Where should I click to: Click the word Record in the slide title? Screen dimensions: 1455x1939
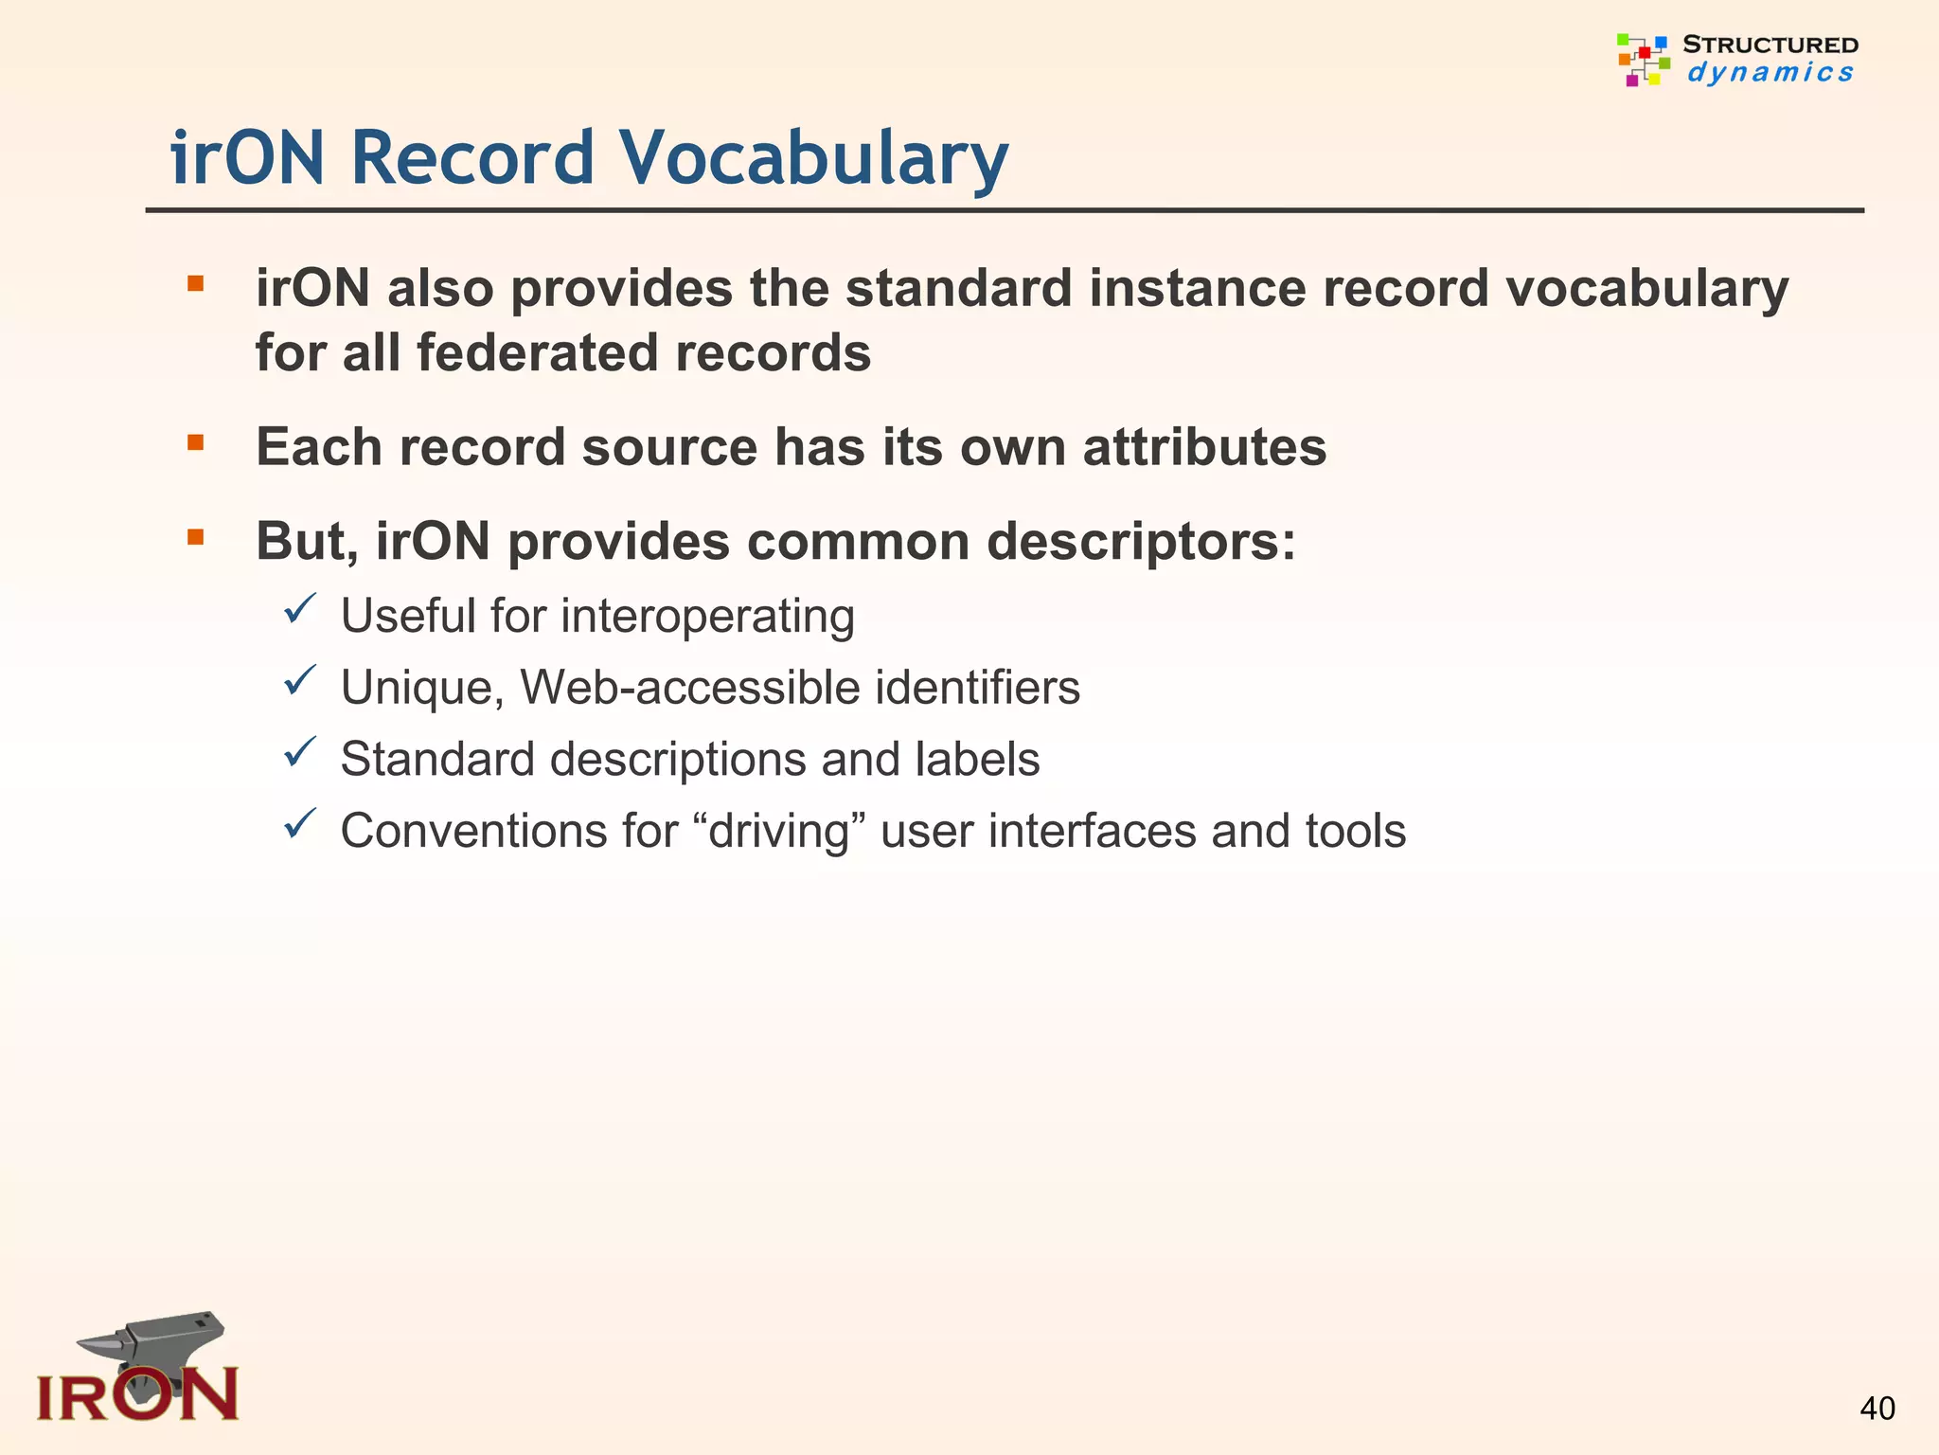472,158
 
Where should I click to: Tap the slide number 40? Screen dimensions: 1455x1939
1877,1409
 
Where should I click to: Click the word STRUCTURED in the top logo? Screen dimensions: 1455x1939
1770,45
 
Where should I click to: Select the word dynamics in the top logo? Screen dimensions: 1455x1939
1770,73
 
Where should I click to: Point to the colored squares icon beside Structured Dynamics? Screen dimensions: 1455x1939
1643,59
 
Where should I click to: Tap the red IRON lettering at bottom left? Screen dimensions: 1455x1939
137,1395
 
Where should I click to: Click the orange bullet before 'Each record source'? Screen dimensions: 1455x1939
196,442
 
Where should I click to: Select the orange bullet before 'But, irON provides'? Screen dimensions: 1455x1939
196,538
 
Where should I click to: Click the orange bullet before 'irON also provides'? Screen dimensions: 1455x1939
196,283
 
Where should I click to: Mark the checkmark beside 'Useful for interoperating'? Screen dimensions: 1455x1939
299,608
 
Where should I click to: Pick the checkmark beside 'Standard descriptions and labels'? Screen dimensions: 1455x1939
299,752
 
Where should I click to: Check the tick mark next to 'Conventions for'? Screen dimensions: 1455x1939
299,823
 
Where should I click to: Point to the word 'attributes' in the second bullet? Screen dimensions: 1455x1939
1204,447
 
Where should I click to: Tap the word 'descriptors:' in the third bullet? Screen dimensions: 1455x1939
1141,542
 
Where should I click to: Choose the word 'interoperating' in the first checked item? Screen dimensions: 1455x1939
708,617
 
